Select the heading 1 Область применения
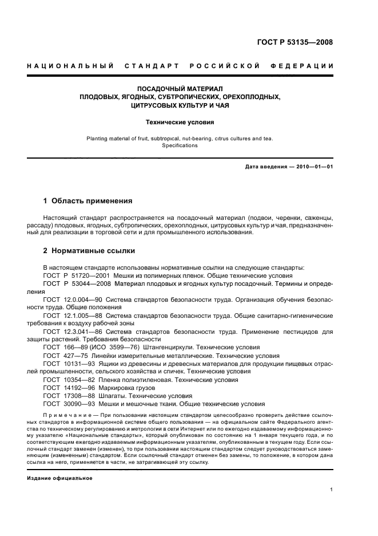pos(88,201)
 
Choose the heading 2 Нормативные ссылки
pos(90,250)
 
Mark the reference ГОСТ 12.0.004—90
pos(71,299)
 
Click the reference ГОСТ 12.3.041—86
pos(71,332)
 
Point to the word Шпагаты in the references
pos(113,395)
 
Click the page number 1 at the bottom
pos(331,490)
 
